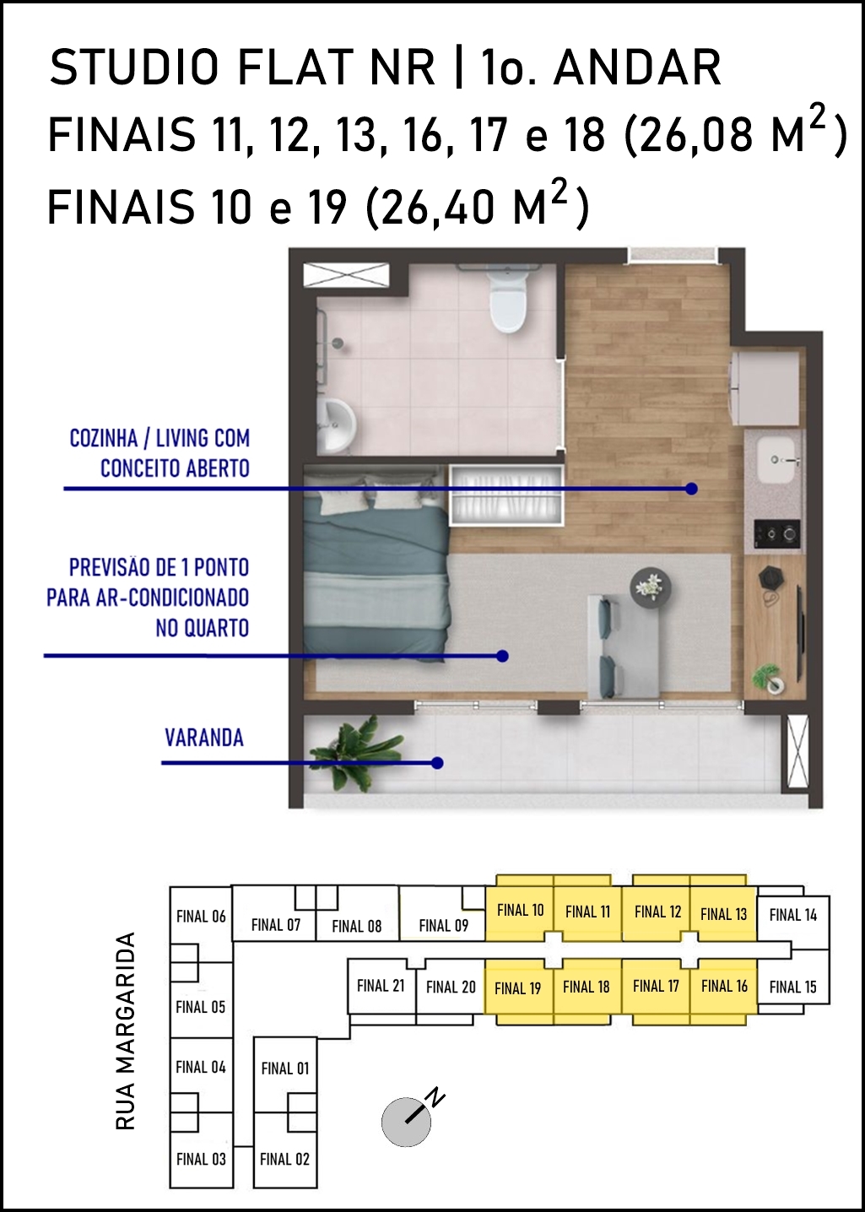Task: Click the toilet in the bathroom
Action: (507, 302)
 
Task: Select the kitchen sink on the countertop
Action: (776, 460)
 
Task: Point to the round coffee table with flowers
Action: (651, 587)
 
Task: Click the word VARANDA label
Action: (204, 738)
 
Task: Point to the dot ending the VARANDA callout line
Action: (438, 763)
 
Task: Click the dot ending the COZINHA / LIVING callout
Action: (691, 489)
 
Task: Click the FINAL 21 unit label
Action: (381, 986)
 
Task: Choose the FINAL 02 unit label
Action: (284, 1159)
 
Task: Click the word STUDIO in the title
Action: (135, 68)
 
